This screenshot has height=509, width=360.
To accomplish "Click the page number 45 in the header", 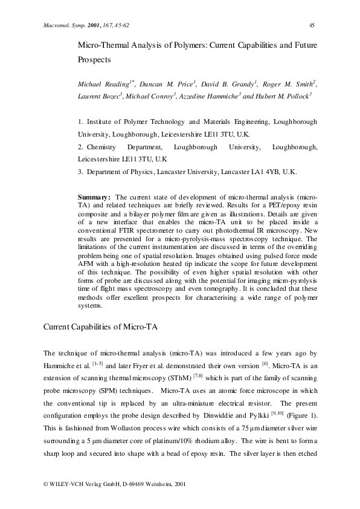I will [x=312, y=25].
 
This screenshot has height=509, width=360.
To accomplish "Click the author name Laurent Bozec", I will [x=100, y=97].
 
